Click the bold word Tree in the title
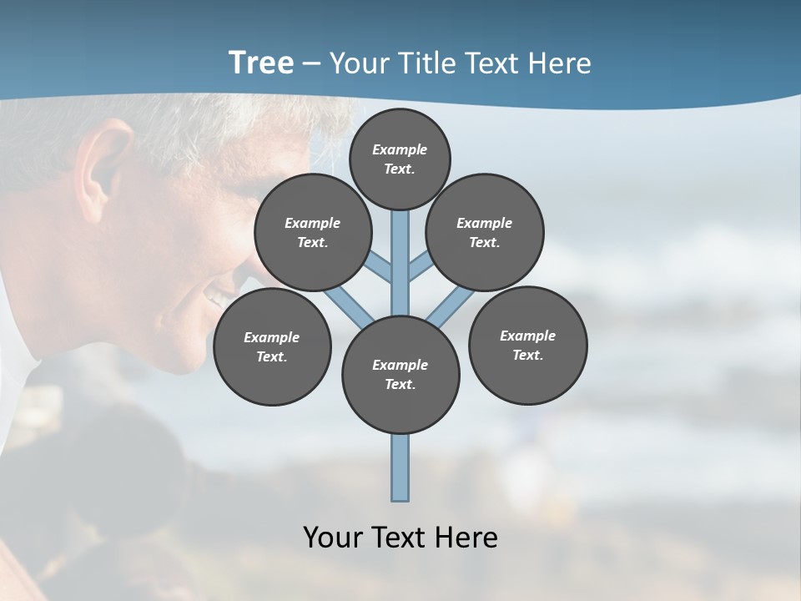click(x=261, y=63)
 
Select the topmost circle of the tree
click(x=400, y=159)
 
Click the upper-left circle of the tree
click(x=313, y=232)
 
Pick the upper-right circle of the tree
click(x=485, y=232)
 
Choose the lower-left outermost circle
click(x=272, y=346)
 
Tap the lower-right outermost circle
click(x=527, y=345)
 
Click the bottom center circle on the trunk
click(x=400, y=375)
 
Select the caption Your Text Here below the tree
click(x=400, y=537)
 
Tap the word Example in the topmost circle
click(x=400, y=149)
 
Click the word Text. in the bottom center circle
click(x=400, y=385)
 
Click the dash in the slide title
click(x=312, y=63)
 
